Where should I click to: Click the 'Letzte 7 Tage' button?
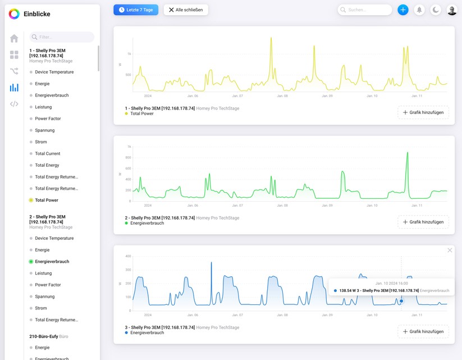[136, 10]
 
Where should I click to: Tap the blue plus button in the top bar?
[402, 10]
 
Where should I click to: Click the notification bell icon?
[419, 10]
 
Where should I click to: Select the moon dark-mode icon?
[436, 10]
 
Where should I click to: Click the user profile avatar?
[452, 10]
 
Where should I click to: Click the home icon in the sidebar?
[14, 38]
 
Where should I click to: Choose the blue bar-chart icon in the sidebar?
[14, 88]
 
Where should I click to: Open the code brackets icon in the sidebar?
[14, 104]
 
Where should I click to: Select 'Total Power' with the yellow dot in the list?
[47, 200]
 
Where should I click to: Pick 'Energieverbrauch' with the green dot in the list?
[52, 262]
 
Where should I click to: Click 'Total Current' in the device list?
[47, 153]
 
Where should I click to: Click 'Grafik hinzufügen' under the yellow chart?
[423, 112]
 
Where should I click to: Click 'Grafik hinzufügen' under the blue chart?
[423, 331]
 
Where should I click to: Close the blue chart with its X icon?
[450, 250]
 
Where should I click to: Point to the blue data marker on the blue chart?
[401, 301]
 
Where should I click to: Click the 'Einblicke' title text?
[36, 14]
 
